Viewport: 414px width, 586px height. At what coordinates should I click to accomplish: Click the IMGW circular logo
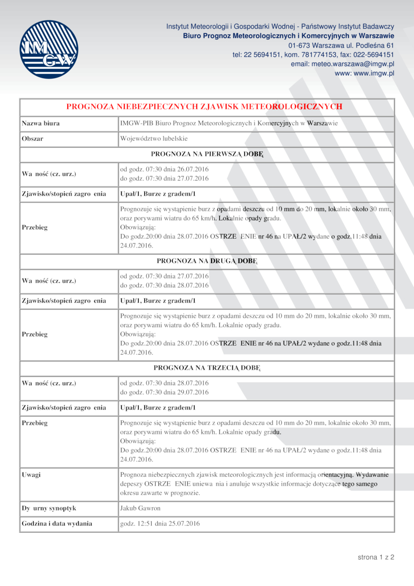49,49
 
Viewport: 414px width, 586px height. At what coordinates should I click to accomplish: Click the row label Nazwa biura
40,123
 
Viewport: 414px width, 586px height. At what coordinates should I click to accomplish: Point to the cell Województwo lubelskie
154,139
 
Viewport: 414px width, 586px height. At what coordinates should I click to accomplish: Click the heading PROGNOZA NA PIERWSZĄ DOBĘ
206,154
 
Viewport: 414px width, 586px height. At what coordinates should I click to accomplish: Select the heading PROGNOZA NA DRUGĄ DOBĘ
206,261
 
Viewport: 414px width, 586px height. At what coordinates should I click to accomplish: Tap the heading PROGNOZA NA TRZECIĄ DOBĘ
206,368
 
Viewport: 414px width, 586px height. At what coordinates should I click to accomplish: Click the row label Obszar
32,139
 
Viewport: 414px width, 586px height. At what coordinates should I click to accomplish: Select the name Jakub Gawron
140,508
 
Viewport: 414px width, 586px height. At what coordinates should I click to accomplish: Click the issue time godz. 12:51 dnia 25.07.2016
160,523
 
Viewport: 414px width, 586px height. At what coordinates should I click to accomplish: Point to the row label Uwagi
31,474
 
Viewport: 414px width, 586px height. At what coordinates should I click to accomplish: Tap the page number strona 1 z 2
376,558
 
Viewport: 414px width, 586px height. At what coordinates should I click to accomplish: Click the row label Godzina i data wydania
57,523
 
